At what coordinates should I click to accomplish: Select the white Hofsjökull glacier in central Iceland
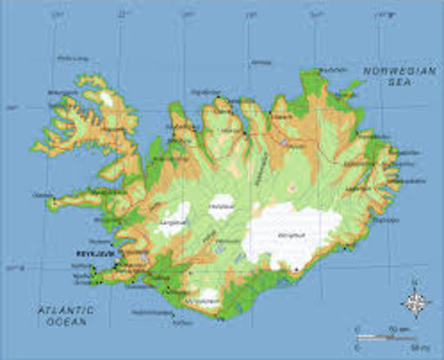221,205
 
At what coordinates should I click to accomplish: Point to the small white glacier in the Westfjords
106,98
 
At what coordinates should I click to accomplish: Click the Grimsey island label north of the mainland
261,62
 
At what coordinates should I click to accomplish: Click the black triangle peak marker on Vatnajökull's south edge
296,269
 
